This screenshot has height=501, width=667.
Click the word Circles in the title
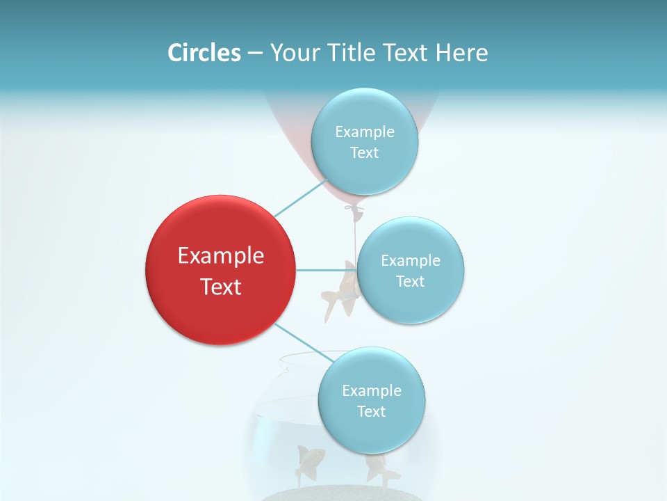point(204,53)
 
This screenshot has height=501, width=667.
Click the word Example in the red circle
point(220,256)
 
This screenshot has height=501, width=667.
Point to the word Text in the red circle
point(220,287)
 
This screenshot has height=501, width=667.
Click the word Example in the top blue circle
point(364,132)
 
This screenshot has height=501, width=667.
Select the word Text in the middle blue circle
point(410,282)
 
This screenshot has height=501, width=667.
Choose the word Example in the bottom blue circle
point(371,390)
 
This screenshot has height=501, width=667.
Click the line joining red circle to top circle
point(300,198)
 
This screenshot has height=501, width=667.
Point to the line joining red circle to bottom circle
point(304,342)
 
